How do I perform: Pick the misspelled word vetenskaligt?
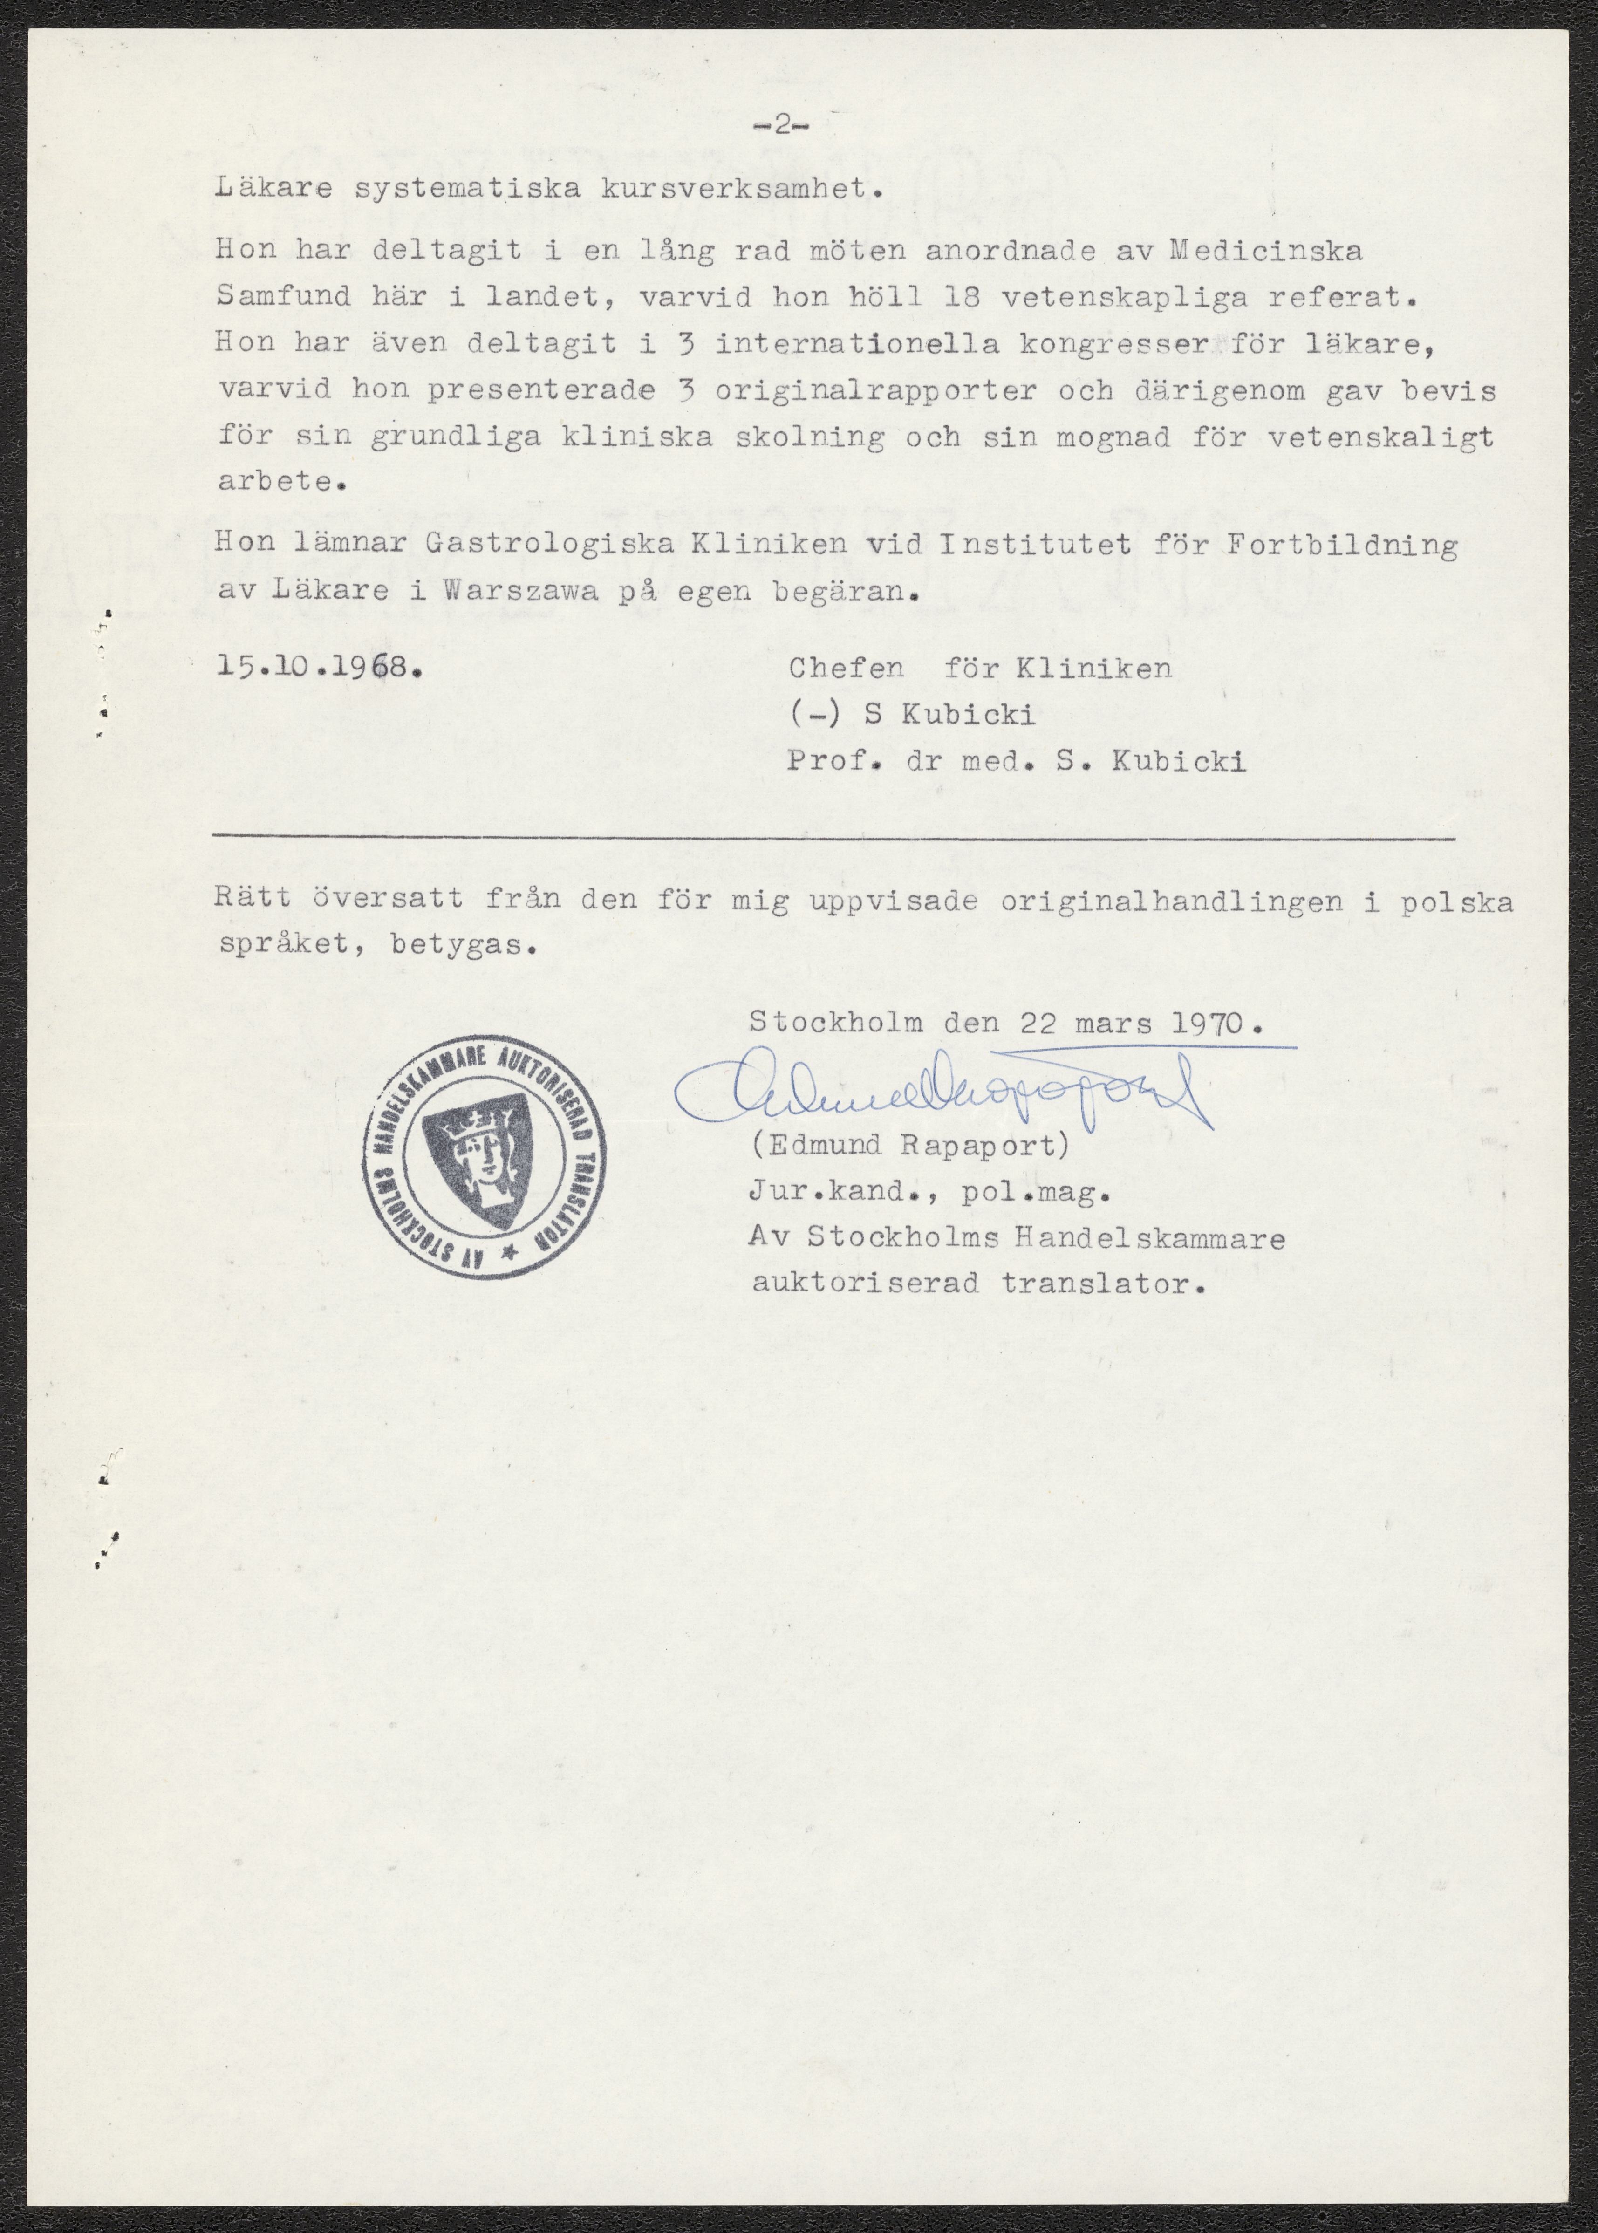[1379, 438]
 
